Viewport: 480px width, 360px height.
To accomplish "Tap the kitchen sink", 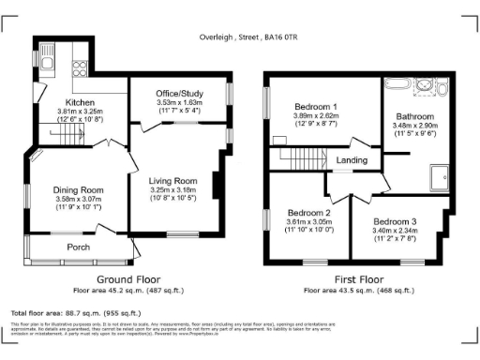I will [48, 65].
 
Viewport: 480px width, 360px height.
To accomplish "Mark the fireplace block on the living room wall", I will [217, 185].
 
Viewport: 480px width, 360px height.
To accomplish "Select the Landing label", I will [352, 160].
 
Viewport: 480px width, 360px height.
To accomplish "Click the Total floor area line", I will [75, 312].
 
